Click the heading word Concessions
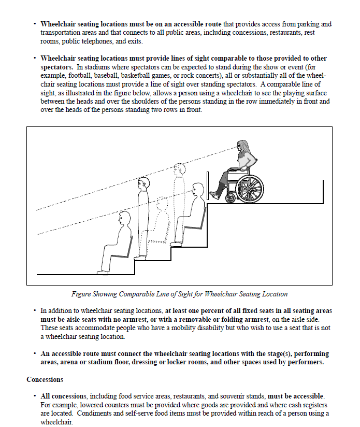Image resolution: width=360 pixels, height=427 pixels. point(45,380)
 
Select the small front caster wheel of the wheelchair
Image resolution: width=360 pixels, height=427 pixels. point(231,197)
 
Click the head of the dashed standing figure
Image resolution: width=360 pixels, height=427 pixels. point(179,169)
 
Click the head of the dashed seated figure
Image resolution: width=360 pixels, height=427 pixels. point(162,204)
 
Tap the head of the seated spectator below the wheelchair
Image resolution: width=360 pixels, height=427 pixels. point(197,189)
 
